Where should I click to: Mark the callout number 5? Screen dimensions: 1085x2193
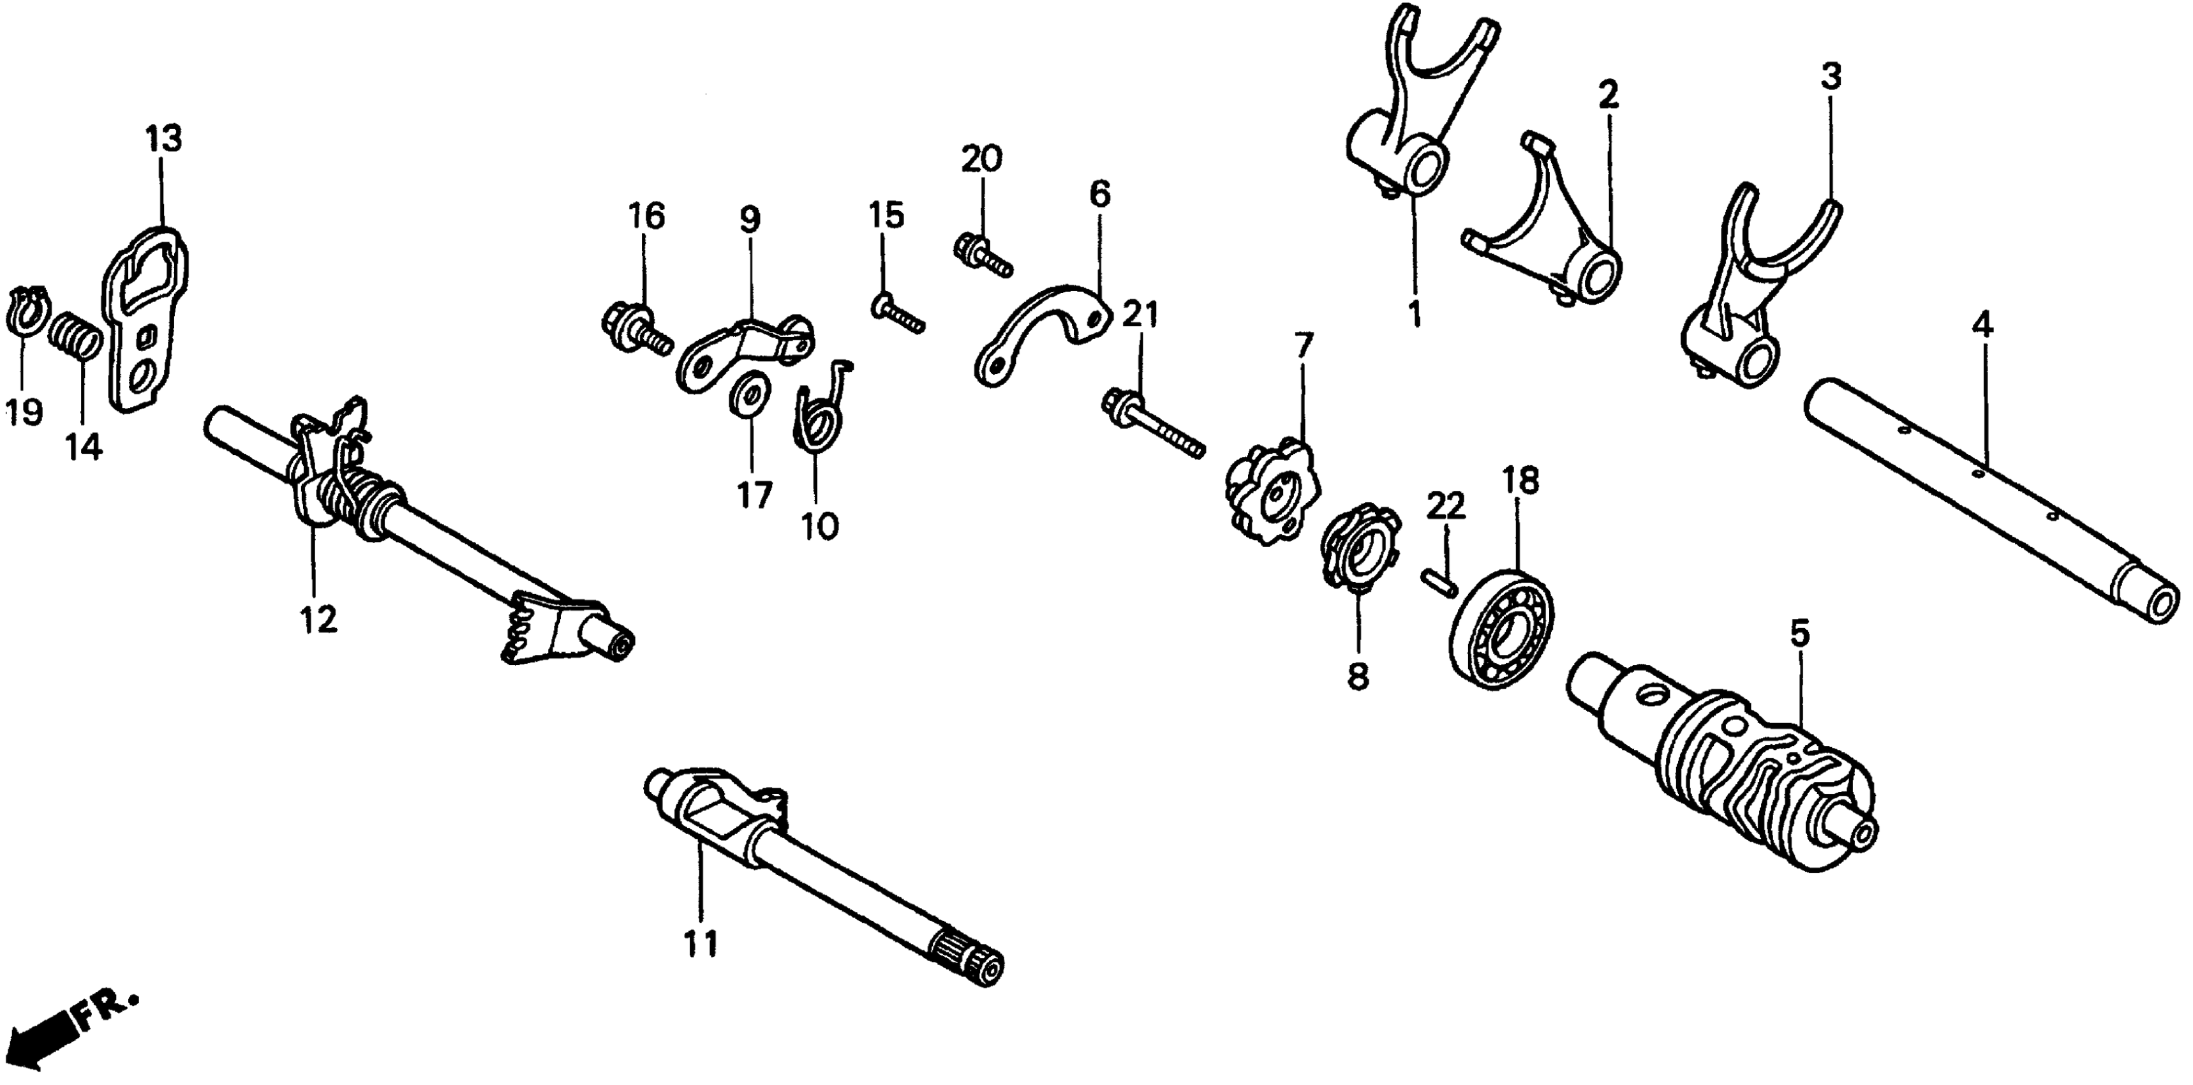pos(1799,634)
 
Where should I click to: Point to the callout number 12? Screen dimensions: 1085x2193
pos(318,619)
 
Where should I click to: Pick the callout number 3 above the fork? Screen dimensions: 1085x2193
pos(1831,77)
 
